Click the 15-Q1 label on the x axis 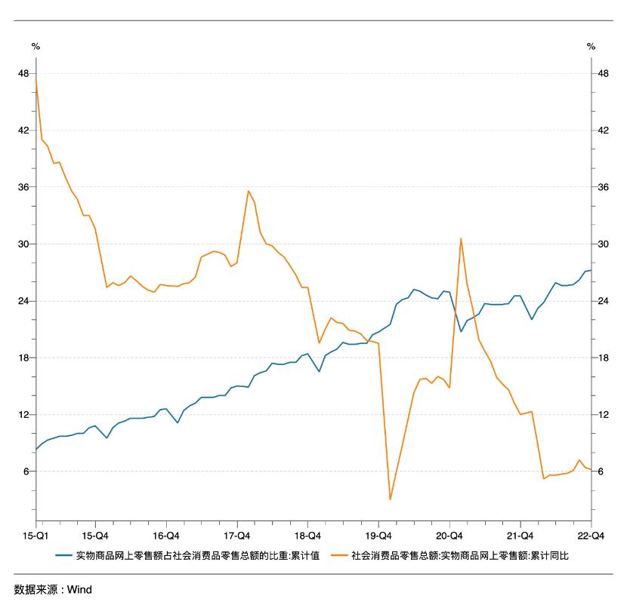[x=36, y=536]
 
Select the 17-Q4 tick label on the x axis [x=237, y=536]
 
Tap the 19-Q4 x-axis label [x=378, y=536]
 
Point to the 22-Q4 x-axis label [x=590, y=536]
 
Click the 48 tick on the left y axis [x=23, y=73]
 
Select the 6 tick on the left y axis [x=26, y=471]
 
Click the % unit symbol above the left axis [x=35, y=47]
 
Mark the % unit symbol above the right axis [x=591, y=47]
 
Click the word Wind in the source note [x=79, y=589]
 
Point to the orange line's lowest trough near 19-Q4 [x=391, y=499]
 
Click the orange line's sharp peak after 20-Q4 [x=461, y=238]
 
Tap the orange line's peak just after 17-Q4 [x=249, y=191]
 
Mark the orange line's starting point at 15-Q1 [x=36, y=79]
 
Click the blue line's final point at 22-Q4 [x=590, y=270]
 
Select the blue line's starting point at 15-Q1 [x=36, y=450]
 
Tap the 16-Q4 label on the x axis [x=166, y=536]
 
